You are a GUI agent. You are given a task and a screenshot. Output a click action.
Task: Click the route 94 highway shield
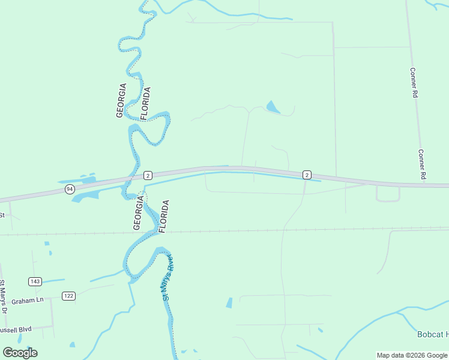[x=70, y=189]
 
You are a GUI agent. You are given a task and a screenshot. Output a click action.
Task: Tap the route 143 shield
[x=34, y=281]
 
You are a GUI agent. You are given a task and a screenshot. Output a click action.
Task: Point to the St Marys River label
[x=167, y=277]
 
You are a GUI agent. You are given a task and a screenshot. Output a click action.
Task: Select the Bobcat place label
[x=432, y=334]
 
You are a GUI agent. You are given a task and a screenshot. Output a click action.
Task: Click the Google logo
[x=20, y=352]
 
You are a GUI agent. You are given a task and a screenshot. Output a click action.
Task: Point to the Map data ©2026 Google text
[x=412, y=355]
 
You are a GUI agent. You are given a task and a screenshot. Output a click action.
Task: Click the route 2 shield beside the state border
[x=148, y=175]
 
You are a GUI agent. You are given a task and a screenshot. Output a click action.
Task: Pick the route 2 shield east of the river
[x=307, y=175]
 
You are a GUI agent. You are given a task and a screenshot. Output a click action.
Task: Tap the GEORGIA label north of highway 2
[x=122, y=100]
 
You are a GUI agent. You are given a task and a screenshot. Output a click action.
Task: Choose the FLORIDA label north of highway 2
[x=145, y=103]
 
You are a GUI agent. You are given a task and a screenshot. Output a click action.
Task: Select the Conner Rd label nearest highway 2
[x=421, y=165]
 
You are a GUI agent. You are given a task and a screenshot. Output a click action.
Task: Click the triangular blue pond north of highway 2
[x=273, y=107]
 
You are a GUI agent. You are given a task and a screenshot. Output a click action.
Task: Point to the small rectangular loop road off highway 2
[x=388, y=194]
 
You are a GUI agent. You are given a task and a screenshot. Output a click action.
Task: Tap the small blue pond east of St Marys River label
[x=229, y=303]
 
